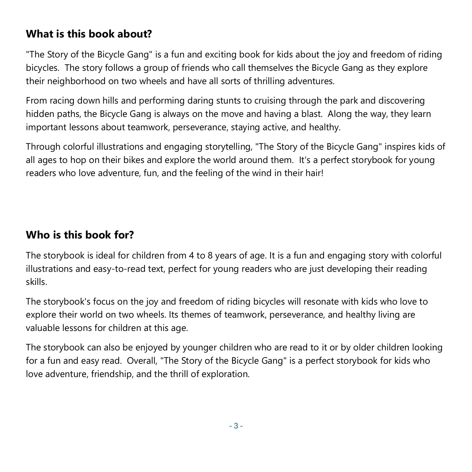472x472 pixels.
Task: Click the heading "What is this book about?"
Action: (89, 34)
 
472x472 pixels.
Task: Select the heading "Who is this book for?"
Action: (80, 235)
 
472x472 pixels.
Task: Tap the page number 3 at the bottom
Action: (236, 426)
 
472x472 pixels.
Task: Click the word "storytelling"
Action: (228, 147)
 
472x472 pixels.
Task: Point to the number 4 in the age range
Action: (191, 255)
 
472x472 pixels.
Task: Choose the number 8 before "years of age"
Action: (210, 255)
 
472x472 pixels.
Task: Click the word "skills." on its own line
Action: (36, 282)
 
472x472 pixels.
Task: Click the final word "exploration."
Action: (225, 374)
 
